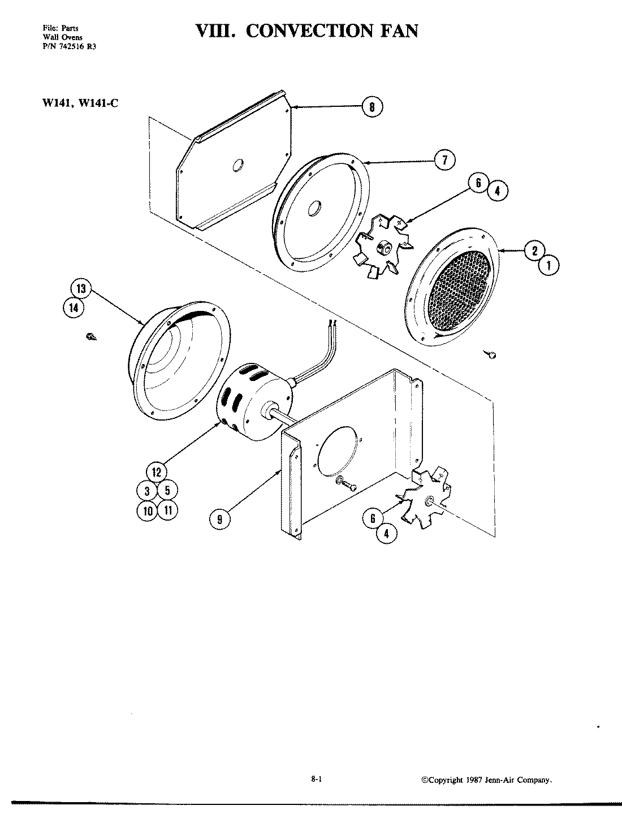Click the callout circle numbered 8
tap(372, 107)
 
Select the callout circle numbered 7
tap(445, 161)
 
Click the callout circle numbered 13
tap(81, 289)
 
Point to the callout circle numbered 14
tap(74, 308)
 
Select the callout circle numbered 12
tap(157, 471)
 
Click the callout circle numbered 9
tap(219, 518)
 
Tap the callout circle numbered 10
tap(147, 510)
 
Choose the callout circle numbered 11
tap(167, 510)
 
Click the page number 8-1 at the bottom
tap(317, 778)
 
